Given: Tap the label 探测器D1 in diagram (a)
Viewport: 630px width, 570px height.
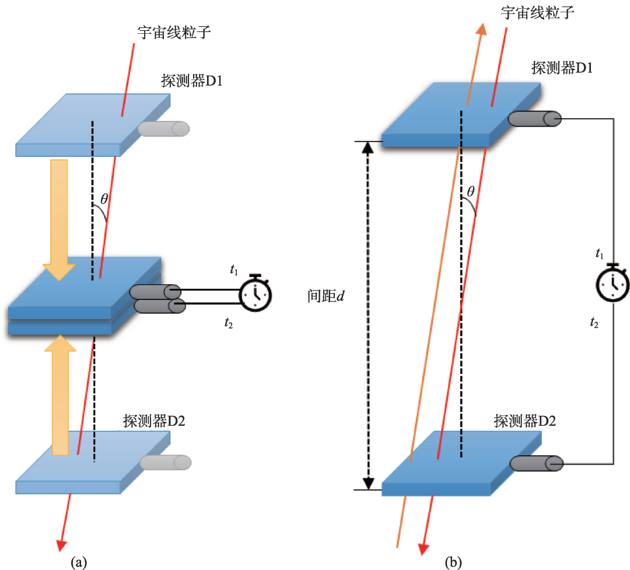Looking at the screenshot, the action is (192, 81).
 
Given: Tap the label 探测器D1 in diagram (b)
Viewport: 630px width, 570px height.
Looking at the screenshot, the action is (562, 68).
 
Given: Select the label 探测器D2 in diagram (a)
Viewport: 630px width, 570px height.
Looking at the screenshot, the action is (154, 421).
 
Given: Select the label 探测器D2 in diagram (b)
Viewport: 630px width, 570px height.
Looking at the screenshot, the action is (525, 421).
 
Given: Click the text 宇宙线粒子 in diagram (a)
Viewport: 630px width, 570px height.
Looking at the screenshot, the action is (174, 32).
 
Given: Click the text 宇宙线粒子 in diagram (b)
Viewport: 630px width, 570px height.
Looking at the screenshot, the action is (537, 12).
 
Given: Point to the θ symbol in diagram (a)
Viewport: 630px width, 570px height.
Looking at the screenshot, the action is (104, 198).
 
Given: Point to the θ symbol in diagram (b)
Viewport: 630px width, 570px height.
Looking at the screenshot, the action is (471, 191).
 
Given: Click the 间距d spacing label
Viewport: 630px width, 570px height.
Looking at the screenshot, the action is (326, 296).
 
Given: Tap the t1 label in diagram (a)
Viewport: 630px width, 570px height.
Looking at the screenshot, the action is (234, 270).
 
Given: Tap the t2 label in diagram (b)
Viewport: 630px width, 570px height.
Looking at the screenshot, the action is (594, 323).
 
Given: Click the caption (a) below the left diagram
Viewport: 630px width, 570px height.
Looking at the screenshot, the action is (79, 562).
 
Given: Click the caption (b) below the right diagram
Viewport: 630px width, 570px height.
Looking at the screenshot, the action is (453, 562).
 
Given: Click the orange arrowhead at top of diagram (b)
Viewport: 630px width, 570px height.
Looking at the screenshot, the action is (481, 29).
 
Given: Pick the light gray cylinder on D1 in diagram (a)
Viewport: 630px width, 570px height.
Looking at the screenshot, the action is (163, 128).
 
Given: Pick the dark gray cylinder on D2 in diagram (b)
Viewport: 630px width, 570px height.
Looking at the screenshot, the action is (537, 463).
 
